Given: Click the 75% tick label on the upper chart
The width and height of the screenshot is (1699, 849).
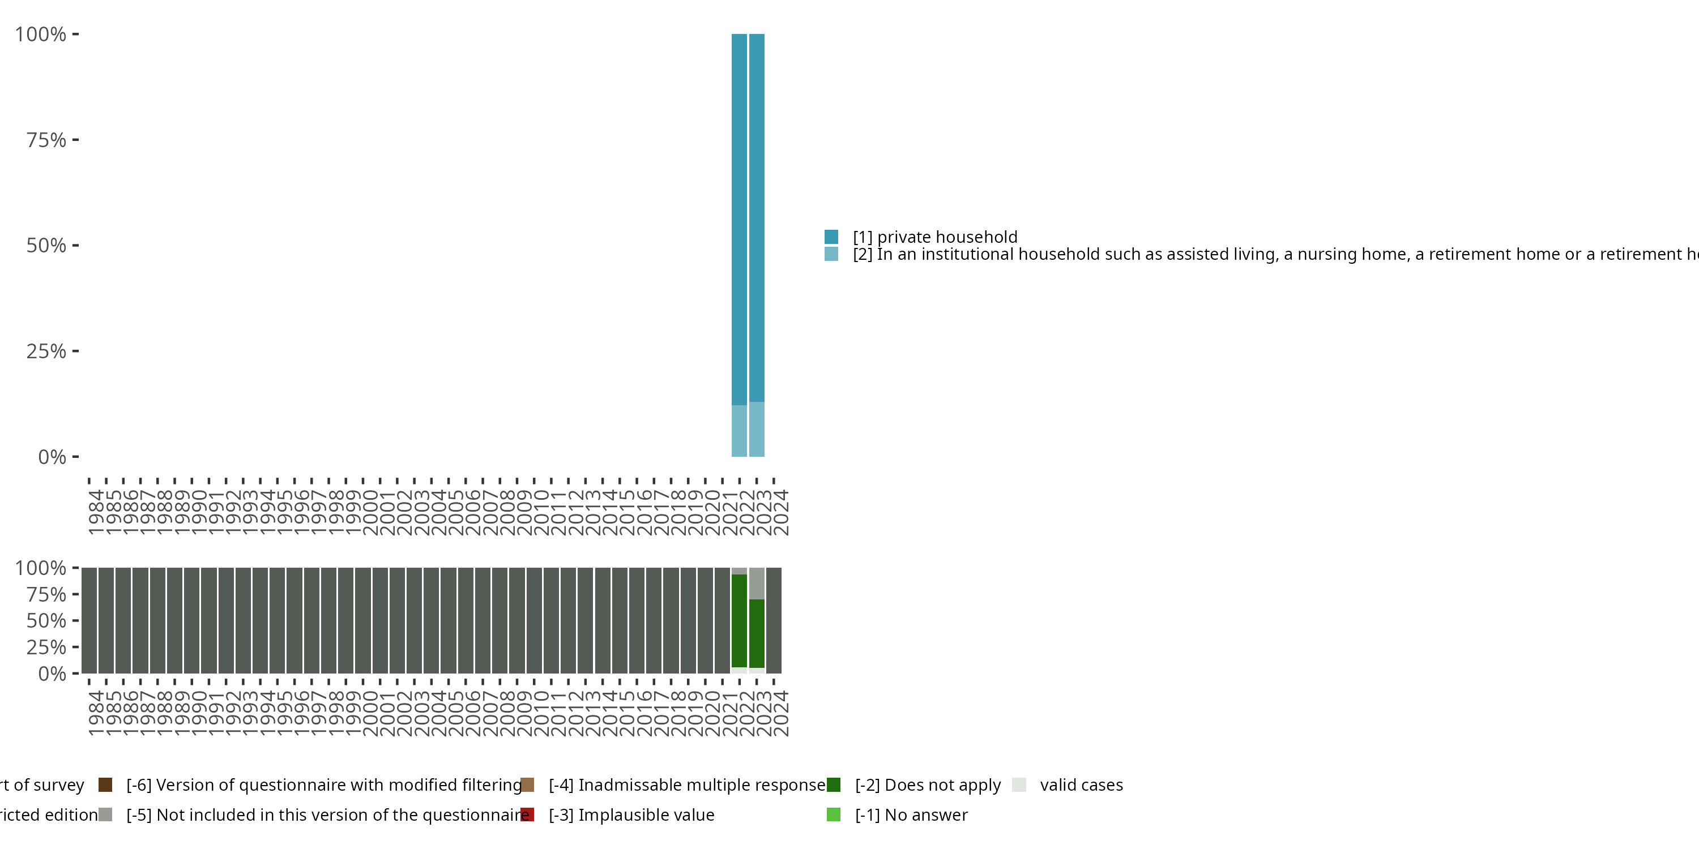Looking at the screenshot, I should (x=46, y=140).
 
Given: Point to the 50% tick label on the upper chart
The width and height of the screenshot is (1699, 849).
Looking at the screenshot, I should (x=46, y=245).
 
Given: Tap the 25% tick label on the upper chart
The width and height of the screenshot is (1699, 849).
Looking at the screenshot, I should (x=46, y=351).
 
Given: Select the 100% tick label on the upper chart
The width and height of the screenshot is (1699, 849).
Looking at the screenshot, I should (x=41, y=35).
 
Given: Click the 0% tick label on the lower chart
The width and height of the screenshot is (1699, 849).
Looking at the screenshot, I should (x=52, y=673).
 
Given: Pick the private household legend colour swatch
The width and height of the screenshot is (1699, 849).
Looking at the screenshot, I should (x=831, y=237).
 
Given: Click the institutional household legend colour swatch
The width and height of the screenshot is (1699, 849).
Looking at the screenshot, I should (x=831, y=254).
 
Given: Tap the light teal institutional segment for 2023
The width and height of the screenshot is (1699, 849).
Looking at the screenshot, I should (x=757, y=429).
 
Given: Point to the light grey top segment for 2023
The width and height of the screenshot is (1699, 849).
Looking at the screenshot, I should (x=757, y=584).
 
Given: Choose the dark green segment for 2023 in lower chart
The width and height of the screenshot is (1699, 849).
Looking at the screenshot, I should (x=757, y=633).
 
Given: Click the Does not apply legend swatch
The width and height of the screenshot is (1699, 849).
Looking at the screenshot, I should (x=834, y=784).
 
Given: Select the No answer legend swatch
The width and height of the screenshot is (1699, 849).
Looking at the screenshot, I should (x=834, y=814).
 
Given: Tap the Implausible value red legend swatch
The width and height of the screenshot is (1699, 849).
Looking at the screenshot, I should (x=528, y=814).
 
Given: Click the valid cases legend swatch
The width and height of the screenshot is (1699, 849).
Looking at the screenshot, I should (x=1019, y=784).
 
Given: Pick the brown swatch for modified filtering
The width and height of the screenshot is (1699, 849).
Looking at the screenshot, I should (x=105, y=784).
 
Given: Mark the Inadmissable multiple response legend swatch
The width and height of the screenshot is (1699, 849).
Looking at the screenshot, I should (x=528, y=784).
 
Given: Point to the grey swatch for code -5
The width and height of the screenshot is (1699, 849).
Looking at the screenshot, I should (x=105, y=814).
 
